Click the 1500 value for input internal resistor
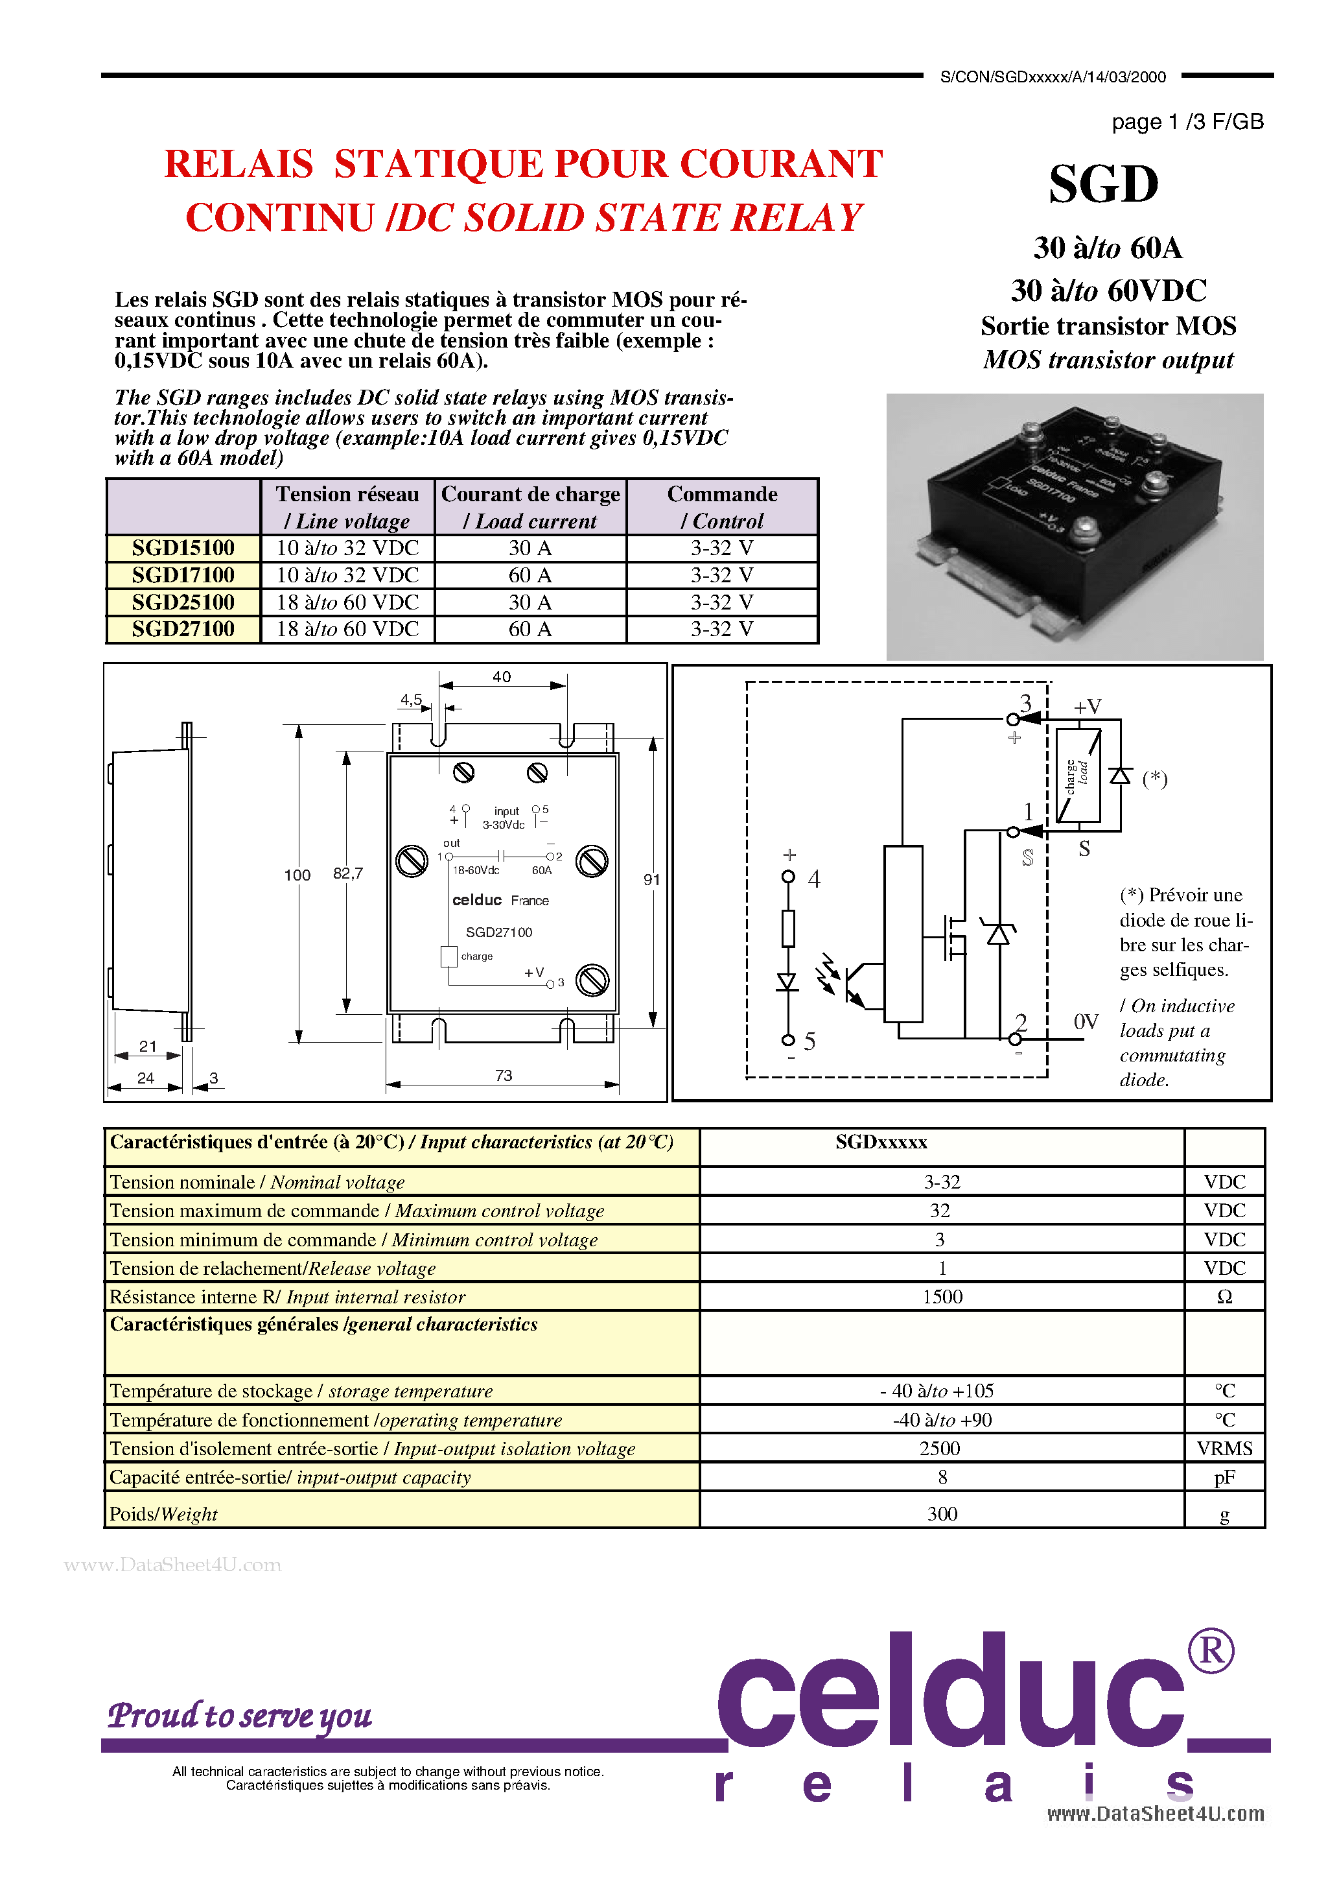coord(942,1296)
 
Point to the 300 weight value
coord(942,1513)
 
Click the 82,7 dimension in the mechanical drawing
coord(347,873)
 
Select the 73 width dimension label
coord(504,1075)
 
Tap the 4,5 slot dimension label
coord(411,700)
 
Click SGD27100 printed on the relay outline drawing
coord(498,932)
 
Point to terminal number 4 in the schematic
coord(814,879)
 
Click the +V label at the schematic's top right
coord(1088,707)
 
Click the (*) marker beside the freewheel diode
coord(1155,779)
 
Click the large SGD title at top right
coord(1104,184)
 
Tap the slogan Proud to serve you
coord(239,1715)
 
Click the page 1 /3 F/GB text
coord(1187,122)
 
